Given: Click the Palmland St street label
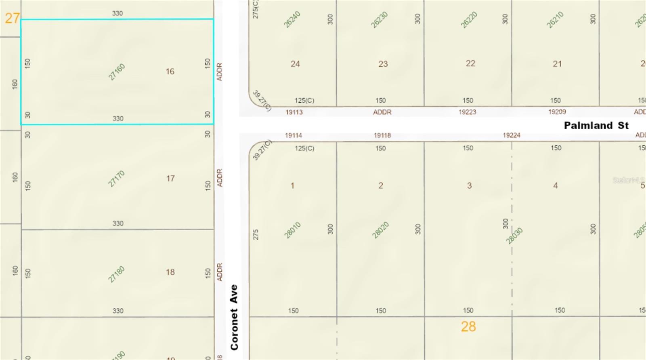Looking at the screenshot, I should (596, 126).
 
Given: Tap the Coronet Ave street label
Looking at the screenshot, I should (234, 317).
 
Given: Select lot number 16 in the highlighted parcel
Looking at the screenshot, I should (170, 72).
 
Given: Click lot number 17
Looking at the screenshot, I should (170, 178).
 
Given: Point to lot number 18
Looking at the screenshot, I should (170, 272).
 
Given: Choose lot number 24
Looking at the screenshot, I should (295, 64).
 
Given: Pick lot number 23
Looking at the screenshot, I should (383, 64).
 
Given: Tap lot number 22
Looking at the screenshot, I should (470, 63).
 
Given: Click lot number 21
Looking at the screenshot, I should (557, 64).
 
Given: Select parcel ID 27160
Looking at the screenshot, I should (117, 72).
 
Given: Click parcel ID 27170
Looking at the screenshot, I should (116, 179).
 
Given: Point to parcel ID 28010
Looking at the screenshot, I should (292, 230).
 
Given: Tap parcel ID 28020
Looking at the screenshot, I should (380, 230).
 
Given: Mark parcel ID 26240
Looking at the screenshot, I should (292, 19).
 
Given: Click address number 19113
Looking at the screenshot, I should (294, 112).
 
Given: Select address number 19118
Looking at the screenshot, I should (382, 135).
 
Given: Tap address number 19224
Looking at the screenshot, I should (511, 135).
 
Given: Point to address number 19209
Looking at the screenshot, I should (557, 112).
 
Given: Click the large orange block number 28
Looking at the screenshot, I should (468, 326).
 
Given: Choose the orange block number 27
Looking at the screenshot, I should (12, 18).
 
